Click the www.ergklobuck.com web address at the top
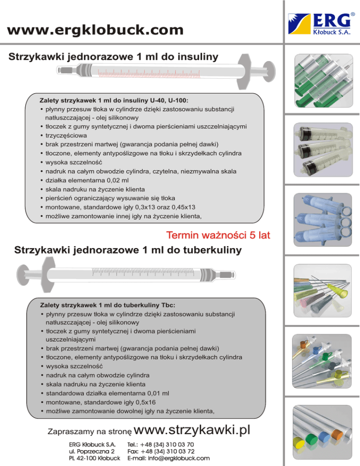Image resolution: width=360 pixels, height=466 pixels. [96, 31]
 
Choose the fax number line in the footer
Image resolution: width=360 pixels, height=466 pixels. [161, 451]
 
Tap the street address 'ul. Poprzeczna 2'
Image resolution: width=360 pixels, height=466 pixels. [92, 451]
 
